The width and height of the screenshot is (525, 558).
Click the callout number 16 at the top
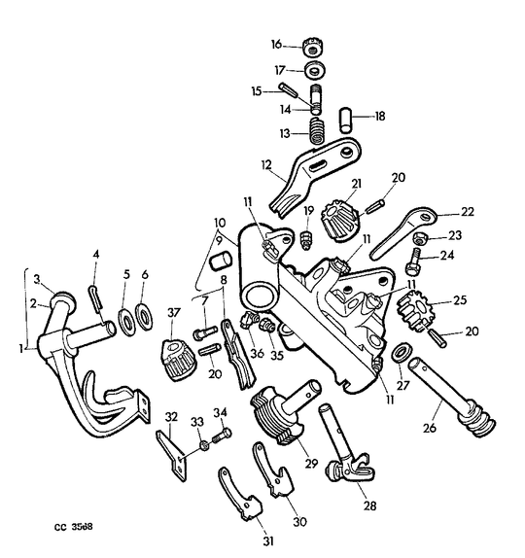tap(276, 46)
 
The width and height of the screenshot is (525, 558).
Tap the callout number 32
tap(171, 419)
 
